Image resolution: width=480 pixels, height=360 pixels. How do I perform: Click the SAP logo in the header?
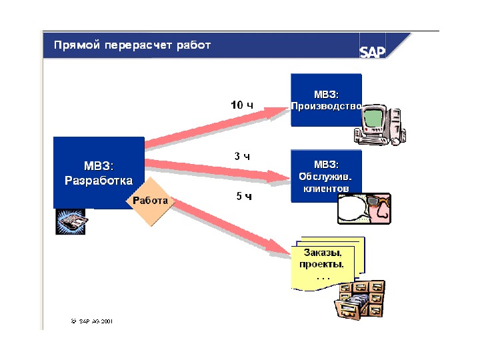(x=373, y=52)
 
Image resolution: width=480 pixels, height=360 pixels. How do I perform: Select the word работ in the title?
(x=194, y=45)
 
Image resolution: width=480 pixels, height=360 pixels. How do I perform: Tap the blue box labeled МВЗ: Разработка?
(x=99, y=172)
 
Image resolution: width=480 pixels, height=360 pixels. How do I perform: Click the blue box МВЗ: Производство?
(x=326, y=100)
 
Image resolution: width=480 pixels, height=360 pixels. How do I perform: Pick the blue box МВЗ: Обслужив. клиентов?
(x=326, y=175)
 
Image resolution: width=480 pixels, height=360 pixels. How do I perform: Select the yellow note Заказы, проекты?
(x=324, y=263)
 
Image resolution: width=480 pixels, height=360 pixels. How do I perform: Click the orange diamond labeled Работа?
(x=150, y=201)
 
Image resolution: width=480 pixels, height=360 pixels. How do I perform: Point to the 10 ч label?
(x=242, y=105)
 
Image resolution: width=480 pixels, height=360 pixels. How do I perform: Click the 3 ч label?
(x=242, y=157)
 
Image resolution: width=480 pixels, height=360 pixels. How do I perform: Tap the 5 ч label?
(x=244, y=197)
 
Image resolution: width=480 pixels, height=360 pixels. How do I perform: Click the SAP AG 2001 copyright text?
(x=91, y=321)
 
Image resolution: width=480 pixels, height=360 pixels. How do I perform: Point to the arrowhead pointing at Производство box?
(x=280, y=110)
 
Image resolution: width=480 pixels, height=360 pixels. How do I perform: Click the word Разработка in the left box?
(x=99, y=180)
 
